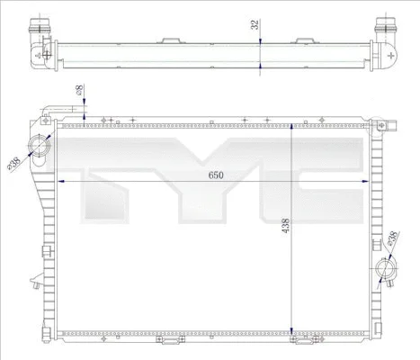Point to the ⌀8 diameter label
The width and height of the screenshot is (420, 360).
tap(79, 91)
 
